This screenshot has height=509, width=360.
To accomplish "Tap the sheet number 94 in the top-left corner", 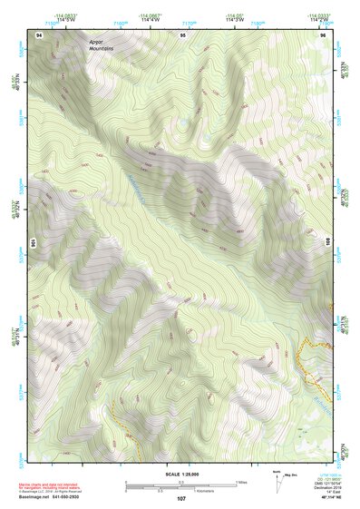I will (x=39, y=34).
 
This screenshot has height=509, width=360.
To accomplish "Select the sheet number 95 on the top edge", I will (x=183, y=34).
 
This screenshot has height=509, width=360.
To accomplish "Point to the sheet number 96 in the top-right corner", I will (x=324, y=34).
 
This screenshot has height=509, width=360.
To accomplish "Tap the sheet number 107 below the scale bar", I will (x=181, y=499).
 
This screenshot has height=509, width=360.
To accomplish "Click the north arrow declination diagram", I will (x=279, y=481).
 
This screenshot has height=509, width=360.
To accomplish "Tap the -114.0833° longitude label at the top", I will (x=64, y=17).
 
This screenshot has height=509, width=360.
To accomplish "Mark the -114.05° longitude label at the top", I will (x=233, y=17).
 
